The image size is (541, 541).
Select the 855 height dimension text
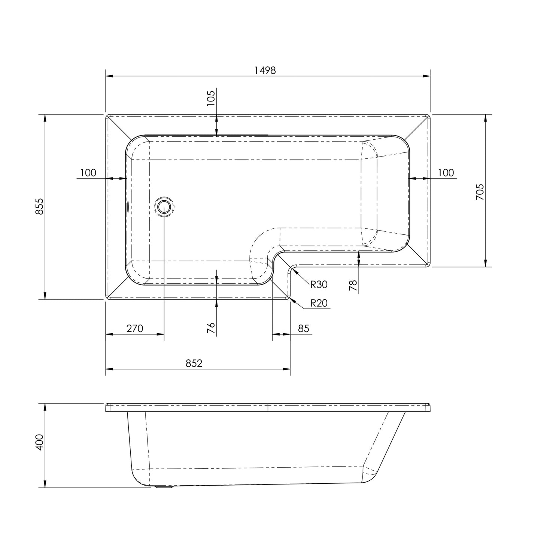tap(40, 206)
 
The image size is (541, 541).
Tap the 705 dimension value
tap(480, 192)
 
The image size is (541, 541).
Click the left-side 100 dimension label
tap(88, 173)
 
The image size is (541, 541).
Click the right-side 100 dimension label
tap(446, 173)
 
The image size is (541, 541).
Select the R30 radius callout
tap(319, 285)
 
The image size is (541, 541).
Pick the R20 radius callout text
tap(319, 303)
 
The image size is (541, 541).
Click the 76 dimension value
tap(211, 328)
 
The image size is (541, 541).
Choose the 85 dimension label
tap(304, 328)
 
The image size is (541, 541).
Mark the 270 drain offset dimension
tap(134, 328)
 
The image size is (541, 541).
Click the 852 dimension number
tap(194, 363)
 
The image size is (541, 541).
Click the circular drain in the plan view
tap(164, 206)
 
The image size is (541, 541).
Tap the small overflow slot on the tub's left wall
tap(128, 206)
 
